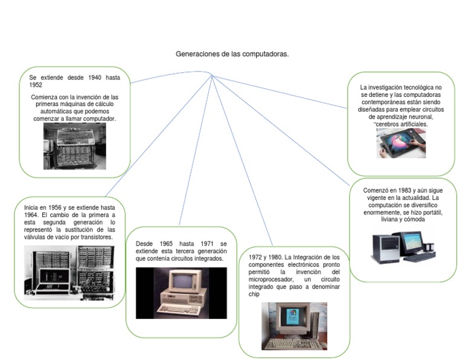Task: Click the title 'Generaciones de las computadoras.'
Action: point(232,54)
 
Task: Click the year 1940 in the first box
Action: point(94,78)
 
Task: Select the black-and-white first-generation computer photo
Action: point(74,146)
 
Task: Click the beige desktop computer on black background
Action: point(181,293)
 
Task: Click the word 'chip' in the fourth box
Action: point(254,294)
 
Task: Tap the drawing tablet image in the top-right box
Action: point(401,143)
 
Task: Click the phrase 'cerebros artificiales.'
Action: point(402,124)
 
